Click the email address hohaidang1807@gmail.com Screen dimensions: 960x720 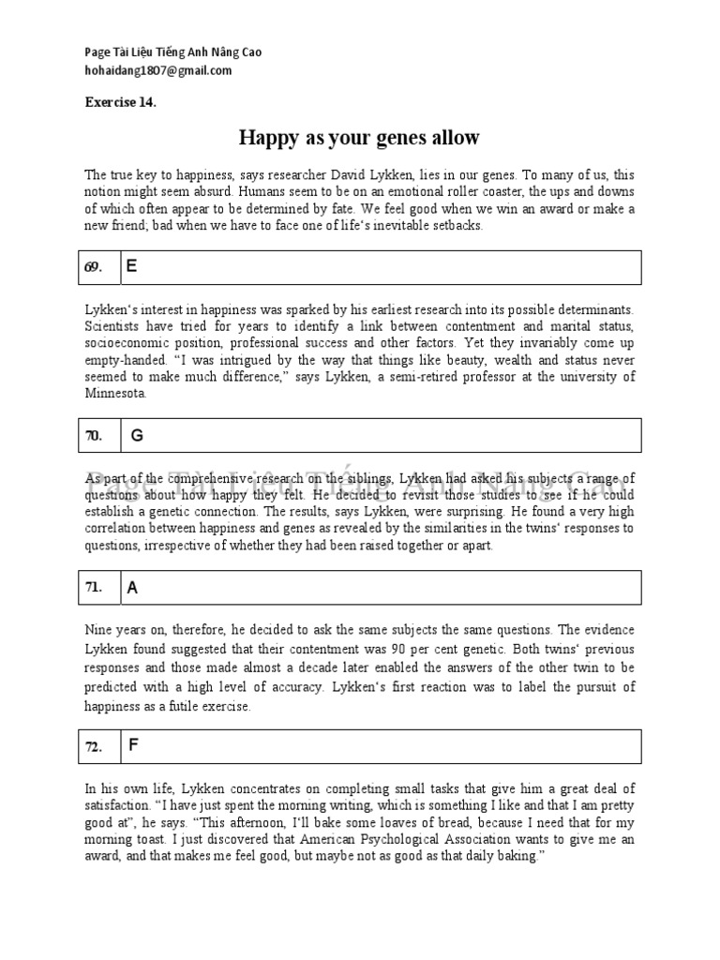[x=157, y=70]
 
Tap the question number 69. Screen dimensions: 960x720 [x=93, y=267]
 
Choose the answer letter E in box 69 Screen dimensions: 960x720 [x=132, y=266]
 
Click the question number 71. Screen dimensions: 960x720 [x=93, y=588]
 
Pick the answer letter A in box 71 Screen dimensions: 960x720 [x=132, y=589]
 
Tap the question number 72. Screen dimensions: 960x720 [x=93, y=747]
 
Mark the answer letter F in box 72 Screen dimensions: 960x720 [x=133, y=746]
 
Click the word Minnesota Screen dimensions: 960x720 [x=115, y=394]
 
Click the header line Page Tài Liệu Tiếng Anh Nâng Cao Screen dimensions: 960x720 [x=172, y=52]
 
